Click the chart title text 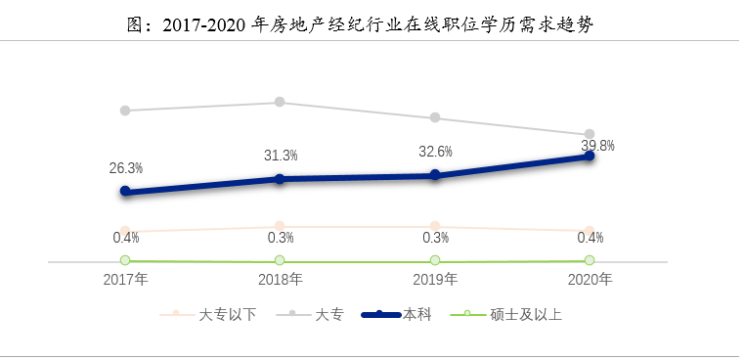pyautogui.click(x=360, y=24)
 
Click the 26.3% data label pyautogui.click(x=126, y=168)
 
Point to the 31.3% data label pyautogui.click(x=281, y=156)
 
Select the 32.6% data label pyautogui.click(x=435, y=152)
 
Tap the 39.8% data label pyautogui.click(x=598, y=146)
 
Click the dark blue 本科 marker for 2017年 pyautogui.click(x=125, y=191)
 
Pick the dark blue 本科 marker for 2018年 pyautogui.click(x=280, y=179)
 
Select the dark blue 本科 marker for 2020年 pyautogui.click(x=590, y=156)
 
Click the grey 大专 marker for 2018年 pyautogui.click(x=280, y=102)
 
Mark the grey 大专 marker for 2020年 pyautogui.click(x=590, y=134)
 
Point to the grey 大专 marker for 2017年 pyautogui.click(x=125, y=111)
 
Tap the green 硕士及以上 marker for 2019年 pyautogui.click(x=435, y=260)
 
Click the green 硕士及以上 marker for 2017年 pyautogui.click(x=125, y=260)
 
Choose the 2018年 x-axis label pyautogui.click(x=281, y=279)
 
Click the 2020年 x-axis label pyautogui.click(x=590, y=279)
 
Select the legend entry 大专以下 pyautogui.click(x=208, y=314)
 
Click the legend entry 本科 pyautogui.click(x=397, y=314)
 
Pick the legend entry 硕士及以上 pyautogui.click(x=505, y=314)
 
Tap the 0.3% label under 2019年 pyautogui.click(x=436, y=238)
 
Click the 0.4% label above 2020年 pyautogui.click(x=591, y=238)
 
